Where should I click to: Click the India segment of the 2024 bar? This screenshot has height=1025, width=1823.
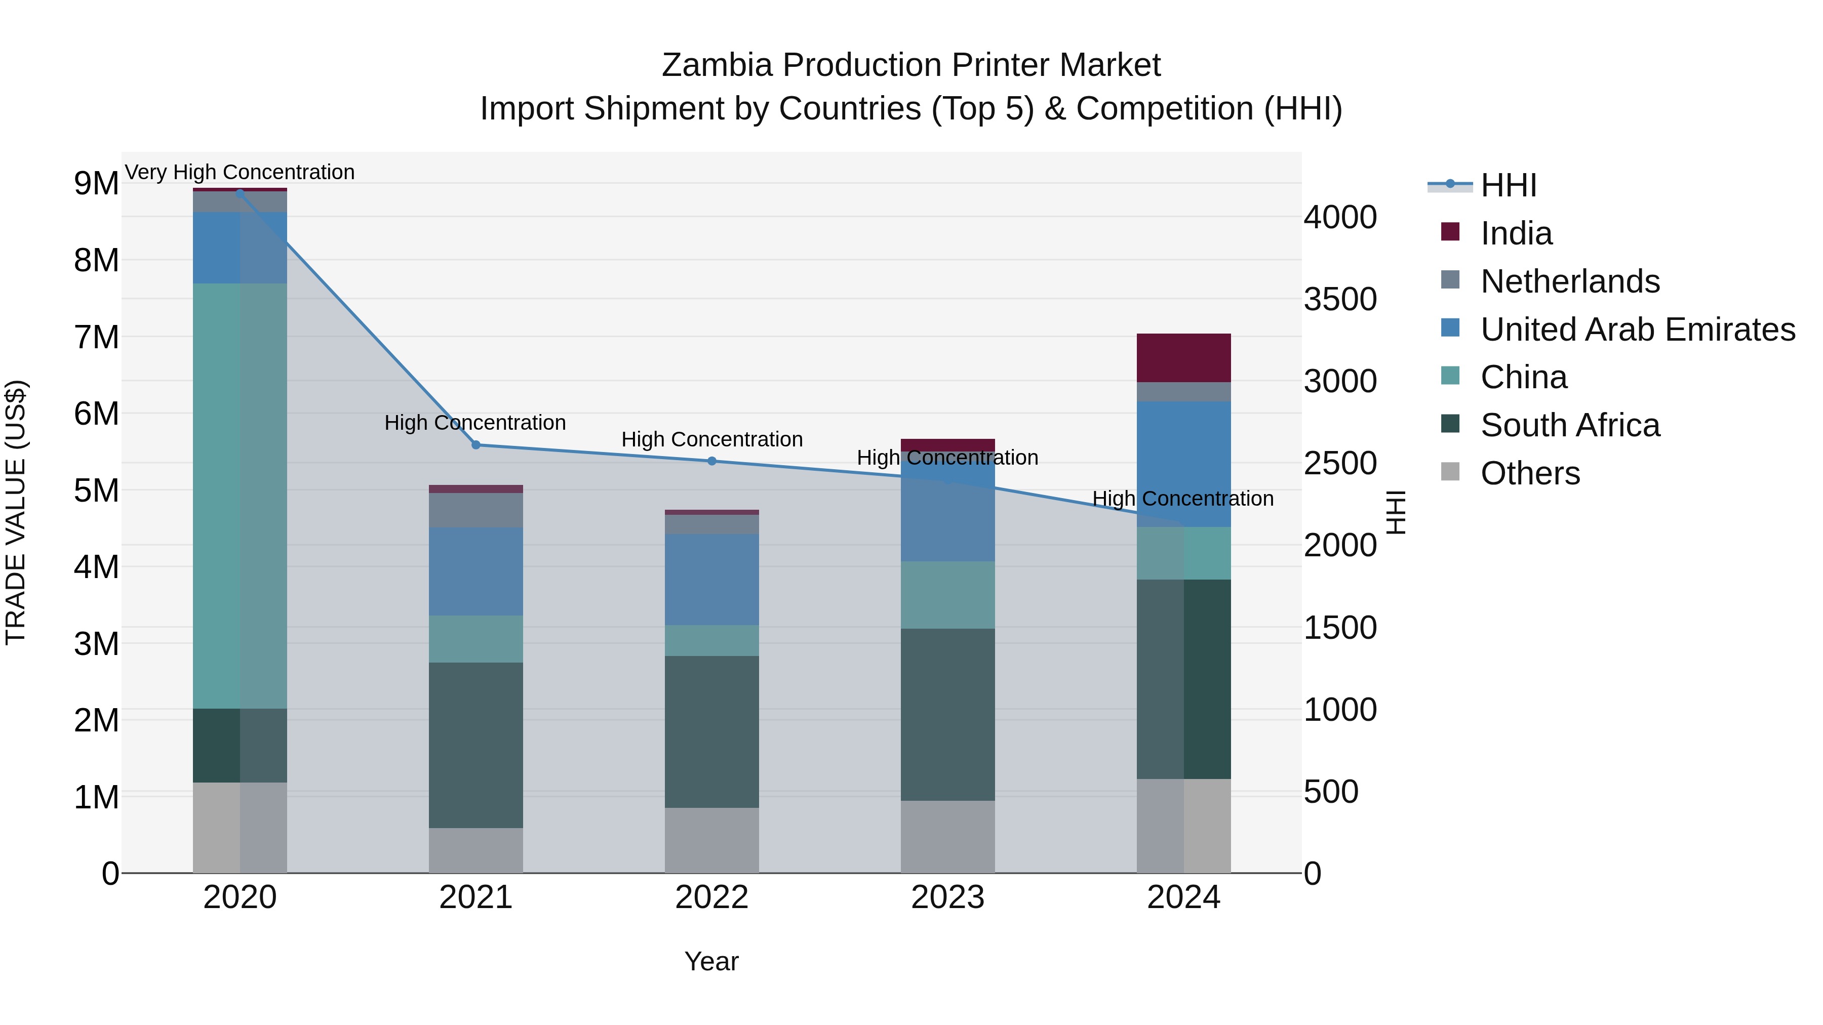click(1183, 358)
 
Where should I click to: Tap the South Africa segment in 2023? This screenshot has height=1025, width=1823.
click(947, 714)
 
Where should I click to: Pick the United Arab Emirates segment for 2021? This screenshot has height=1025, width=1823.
click(475, 571)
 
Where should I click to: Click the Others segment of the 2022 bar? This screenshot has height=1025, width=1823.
click(711, 840)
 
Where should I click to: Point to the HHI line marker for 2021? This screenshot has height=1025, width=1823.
click(475, 445)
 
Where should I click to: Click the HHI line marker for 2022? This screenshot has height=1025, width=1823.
click(712, 461)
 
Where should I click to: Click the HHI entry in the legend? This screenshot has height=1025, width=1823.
click(1508, 185)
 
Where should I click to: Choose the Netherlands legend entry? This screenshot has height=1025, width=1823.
click(1570, 281)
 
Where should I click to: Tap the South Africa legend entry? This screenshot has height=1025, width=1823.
click(1570, 425)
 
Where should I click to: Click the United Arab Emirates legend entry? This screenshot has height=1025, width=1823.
click(1637, 330)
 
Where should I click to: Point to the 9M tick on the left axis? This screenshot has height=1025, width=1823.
click(96, 184)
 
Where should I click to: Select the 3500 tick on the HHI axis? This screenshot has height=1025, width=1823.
click(1339, 299)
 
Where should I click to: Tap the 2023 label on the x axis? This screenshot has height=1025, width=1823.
click(947, 897)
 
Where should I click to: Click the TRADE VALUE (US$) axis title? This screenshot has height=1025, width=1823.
click(16, 512)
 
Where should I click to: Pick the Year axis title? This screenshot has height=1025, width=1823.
click(711, 961)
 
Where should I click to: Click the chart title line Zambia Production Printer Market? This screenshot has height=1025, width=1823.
click(911, 65)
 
